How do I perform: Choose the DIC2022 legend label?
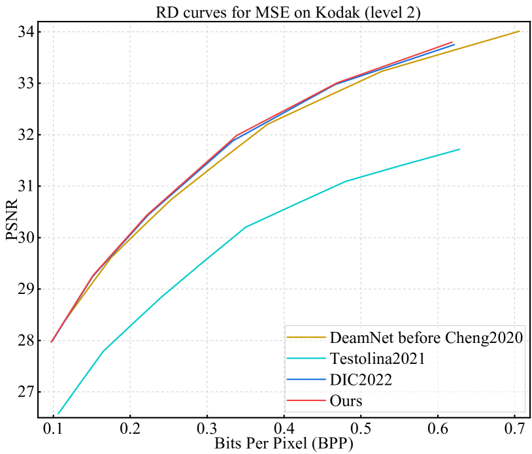[361, 380]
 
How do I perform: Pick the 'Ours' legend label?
[346, 400]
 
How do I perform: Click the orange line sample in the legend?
[307, 338]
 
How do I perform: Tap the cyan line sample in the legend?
[307, 359]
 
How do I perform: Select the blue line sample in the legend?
[307, 380]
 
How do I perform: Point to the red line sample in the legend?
[307, 400]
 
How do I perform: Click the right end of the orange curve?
[519, 31]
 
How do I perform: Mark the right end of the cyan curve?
[459, 150]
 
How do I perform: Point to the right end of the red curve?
[452, 42]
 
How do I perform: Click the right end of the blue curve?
[454, 45]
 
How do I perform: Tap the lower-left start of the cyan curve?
[59, 413]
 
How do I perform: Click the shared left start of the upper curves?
[52, 342]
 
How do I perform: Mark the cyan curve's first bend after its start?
[103, 351]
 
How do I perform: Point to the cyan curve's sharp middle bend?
[245, 227]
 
